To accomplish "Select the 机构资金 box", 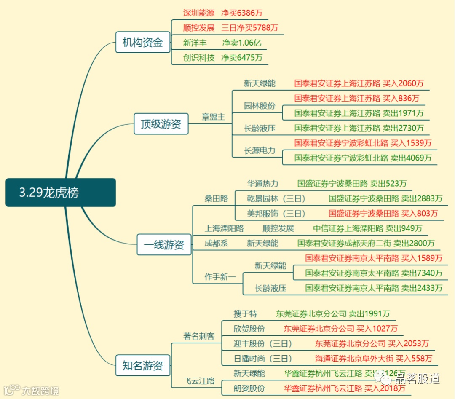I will pos(142,43).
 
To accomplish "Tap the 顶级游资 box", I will pos(161,124).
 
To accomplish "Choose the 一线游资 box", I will pos(164,245).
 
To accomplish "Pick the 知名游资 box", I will pos(143,365).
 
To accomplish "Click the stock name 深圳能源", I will pos(199,13).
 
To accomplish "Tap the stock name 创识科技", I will pos(199,57).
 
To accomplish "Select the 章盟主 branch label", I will pos(213,117).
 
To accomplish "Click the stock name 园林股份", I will pos(260,106).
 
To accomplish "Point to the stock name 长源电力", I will pos(260,150).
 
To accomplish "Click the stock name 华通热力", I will pos(262,184).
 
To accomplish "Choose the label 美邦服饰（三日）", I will pos(276,213).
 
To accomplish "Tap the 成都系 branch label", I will pos(216,243).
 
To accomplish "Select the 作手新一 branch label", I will pos(220,277).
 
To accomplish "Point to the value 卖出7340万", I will pos(422,273).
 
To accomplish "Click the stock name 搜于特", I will pos(245,314).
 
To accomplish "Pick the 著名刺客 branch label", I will pos(199,336).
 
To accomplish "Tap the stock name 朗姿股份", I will pos(249,388).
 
